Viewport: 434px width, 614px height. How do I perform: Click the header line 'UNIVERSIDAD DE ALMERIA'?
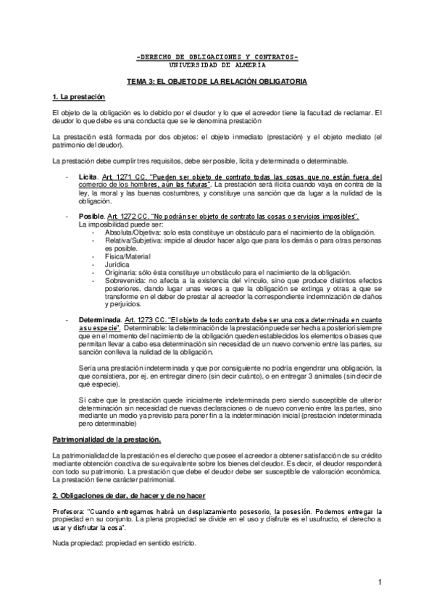tap(217, 64)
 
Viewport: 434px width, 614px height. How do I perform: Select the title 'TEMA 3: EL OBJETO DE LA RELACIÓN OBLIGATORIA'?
tap(217, 83)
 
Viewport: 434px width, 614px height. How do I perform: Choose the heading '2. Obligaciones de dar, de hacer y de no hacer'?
tap(129, 495)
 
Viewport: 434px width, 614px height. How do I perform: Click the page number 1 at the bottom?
tap(379, 583)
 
